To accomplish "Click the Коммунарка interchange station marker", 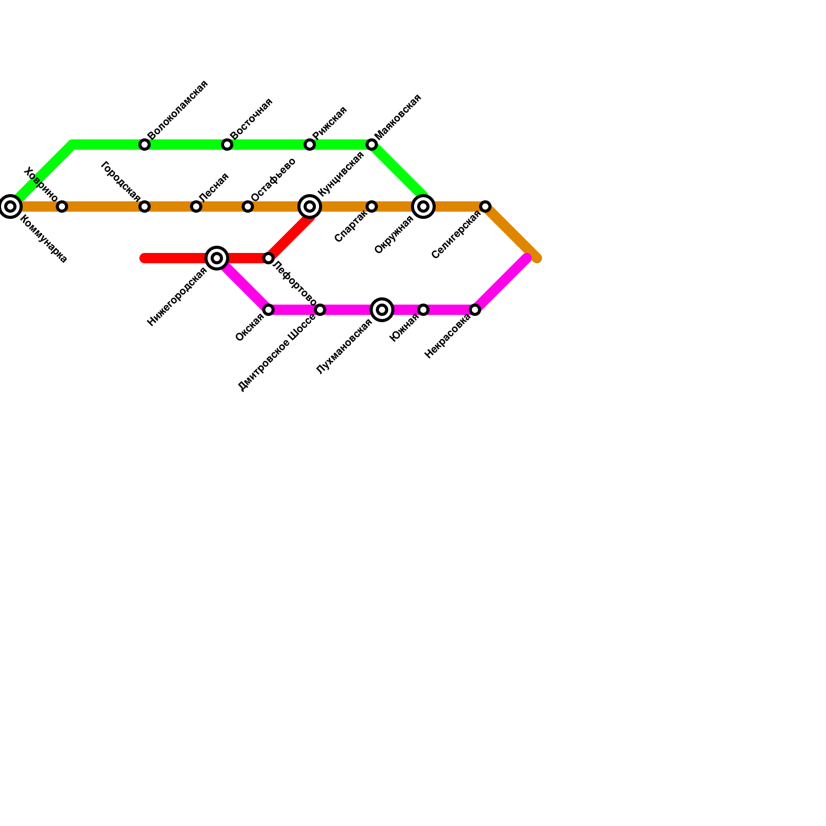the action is [10, 206].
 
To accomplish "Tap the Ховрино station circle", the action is [62, 206].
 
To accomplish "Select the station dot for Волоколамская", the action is [145, 145].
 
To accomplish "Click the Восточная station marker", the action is [227, 145].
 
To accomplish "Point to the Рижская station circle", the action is [310, 145].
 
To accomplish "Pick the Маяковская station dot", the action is [372, 145].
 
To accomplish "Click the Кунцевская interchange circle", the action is [310, 206].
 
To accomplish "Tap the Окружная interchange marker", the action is [423, 206].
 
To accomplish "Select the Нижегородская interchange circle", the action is [217, 258].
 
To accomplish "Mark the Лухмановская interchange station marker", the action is [382, 310].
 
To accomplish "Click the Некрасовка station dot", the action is [475, 310].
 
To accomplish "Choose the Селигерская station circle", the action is [485, 206].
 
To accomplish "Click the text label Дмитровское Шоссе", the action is [277, 352].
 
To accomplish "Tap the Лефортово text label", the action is [294, 283].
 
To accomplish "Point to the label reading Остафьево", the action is [273, 180].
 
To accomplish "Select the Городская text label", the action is [121, 181].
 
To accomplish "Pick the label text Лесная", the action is [213, 187].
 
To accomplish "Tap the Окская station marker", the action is [268, 310].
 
